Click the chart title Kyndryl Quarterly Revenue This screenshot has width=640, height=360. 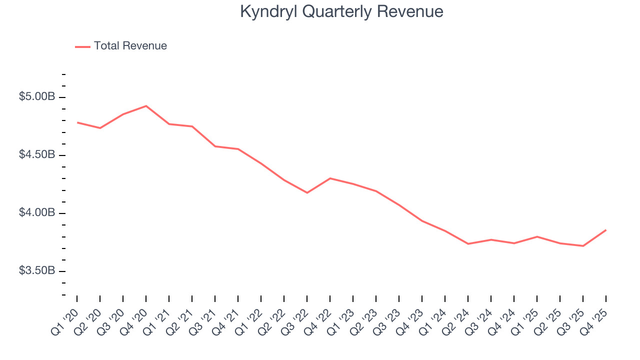click(x=341, y=11)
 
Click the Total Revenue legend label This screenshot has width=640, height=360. click(x=130, y=46)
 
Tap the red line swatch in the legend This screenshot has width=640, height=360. click(x=82, y=46)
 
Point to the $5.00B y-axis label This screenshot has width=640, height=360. click(x=37, y=96)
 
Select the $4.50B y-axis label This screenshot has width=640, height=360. click(x=37, y=154)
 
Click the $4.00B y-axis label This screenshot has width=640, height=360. click(x=37, y=213)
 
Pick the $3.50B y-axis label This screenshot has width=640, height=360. click(x=37, y=271)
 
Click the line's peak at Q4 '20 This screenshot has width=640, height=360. click(x=146, y=106)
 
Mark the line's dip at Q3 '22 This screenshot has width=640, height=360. click(x=307, y=192)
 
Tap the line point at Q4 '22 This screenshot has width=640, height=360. click(x=330, y=178)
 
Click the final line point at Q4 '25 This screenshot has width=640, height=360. click(x=606, y=230)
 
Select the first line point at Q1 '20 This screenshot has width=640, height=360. click(x=77, y=122)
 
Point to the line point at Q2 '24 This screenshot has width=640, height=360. click(x=468, y=244)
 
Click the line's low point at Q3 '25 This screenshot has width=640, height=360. click(x=583, y=246)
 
